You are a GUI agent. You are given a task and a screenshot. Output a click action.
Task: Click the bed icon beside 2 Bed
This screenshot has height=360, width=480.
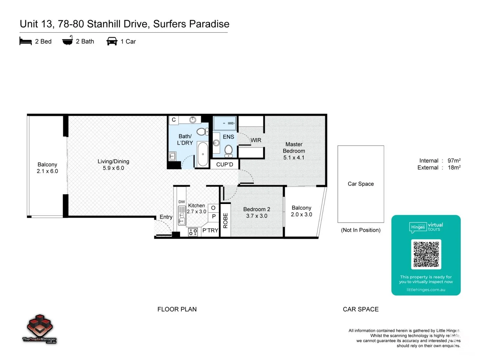(x=26, y=41)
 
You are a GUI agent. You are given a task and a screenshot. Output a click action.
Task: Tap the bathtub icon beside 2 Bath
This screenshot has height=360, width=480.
(x=67, y=41)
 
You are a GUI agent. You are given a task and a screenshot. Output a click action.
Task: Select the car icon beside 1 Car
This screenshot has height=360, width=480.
(x=112, y=41)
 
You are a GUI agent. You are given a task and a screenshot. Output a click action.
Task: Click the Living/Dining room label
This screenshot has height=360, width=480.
(x=113, y=161)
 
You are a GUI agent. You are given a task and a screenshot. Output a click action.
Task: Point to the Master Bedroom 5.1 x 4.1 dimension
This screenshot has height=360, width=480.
(x=294, y=158)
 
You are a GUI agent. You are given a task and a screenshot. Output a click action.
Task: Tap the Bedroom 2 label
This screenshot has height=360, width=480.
(x=256, y=209)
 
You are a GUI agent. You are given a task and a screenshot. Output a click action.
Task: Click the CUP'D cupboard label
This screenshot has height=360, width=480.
(x=224, y=164)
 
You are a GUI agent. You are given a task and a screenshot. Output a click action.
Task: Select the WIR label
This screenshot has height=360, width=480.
(x=256, y=140)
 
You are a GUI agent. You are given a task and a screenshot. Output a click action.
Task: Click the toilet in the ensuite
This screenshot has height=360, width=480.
(x=228, y=150)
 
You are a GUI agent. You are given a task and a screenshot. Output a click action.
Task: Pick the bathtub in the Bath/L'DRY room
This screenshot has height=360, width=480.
(x=203, y=154)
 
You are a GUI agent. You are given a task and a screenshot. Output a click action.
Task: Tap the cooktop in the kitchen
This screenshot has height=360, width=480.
(x=193, y=232)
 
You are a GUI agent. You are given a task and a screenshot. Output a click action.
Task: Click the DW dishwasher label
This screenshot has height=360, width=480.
(x=181, y=202)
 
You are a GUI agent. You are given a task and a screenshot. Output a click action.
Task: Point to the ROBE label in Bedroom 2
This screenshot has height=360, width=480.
(x=225, y=220)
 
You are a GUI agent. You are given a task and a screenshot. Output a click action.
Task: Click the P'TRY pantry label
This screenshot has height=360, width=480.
(x=210, y=230)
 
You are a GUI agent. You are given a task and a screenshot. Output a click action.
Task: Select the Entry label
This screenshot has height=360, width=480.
(x=166, y=217)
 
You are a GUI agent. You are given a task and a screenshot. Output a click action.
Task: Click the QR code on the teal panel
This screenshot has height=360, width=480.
(x=426, y=254)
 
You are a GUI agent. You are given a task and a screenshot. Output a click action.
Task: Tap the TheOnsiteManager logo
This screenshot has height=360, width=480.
(x=39, y=329)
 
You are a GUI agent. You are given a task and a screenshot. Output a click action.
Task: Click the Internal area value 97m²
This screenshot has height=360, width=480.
(x=454, y=161)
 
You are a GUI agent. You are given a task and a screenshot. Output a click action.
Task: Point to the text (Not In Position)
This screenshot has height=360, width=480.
(x=360, y=230)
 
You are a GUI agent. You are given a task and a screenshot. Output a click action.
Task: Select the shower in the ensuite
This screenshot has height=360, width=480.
(x=225, y=123)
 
